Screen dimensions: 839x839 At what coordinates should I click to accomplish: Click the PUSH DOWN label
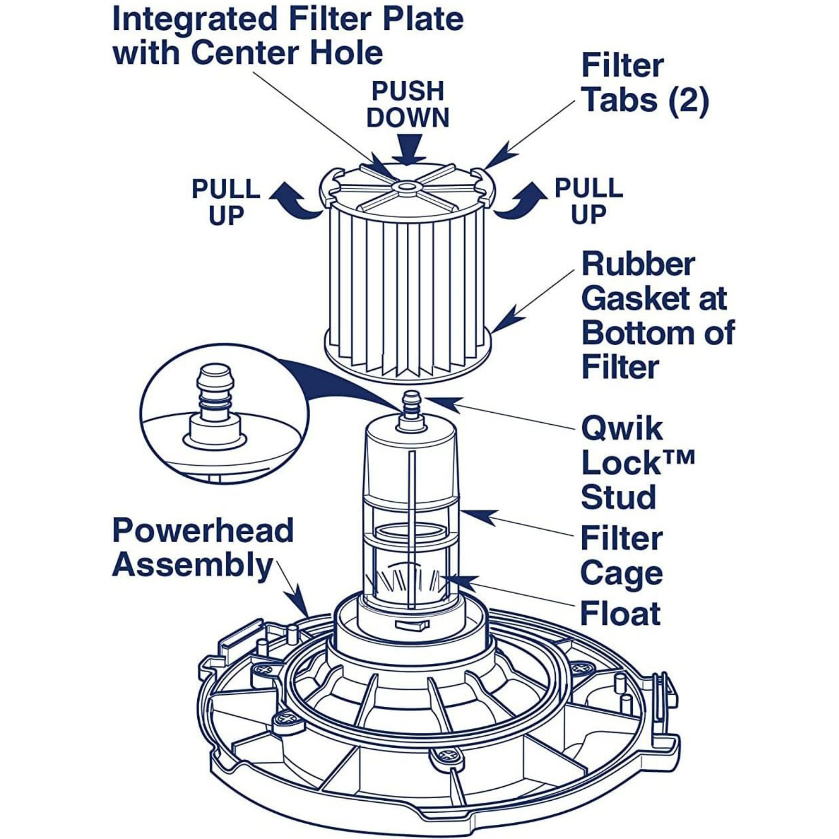(408, 104)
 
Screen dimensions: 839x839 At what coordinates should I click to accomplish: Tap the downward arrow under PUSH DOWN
(410, 149)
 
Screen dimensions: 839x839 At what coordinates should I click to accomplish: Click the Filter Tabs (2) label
(645, 83)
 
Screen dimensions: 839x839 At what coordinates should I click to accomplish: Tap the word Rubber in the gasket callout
(638, 264)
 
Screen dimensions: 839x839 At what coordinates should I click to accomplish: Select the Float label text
(620, 614)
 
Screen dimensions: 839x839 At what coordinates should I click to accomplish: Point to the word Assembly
(192, 565)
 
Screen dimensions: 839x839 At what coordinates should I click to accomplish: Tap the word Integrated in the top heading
(195, 19)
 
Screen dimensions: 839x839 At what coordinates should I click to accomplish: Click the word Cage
(621, 573)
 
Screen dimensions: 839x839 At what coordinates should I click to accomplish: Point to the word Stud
(618, 497)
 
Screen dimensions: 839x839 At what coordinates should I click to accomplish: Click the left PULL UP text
(226, 202)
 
